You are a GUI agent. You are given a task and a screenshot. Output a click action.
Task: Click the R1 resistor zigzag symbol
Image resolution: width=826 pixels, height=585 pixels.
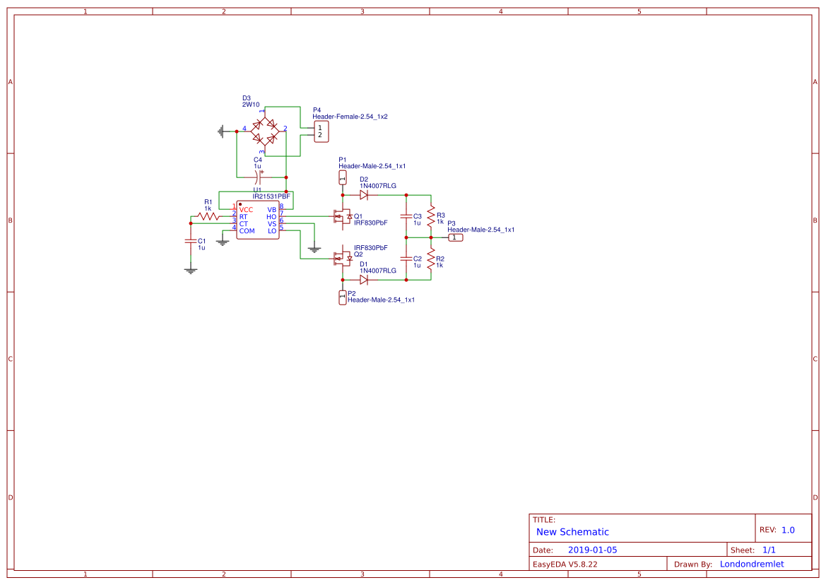point(208,217)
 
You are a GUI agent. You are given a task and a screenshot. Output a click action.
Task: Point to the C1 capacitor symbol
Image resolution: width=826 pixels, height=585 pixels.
point(190,240)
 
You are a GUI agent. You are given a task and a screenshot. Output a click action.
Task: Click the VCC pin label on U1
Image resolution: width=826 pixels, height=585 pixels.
point(246,210)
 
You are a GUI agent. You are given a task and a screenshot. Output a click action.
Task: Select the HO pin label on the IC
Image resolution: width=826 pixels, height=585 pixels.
point(271,217)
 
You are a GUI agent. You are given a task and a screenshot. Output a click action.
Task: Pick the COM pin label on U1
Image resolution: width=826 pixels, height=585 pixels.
point(247,231)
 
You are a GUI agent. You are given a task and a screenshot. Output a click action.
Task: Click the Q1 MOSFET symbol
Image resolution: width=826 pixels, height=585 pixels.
point(343,216)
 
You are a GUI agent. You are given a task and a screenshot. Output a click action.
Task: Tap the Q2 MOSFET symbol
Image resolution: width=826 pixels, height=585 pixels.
point(343,259)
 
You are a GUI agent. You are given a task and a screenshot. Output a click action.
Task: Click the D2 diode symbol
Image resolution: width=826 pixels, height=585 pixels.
point(364,195)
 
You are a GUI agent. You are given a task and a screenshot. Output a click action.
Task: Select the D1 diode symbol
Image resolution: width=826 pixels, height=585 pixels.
point(364,280)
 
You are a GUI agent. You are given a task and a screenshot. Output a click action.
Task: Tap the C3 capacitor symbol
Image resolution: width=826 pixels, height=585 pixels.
point(406,216)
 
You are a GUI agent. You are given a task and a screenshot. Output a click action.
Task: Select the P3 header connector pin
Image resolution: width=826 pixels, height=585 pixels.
point(456,237)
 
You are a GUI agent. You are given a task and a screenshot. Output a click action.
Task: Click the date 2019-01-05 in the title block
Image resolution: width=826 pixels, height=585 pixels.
point(592,550)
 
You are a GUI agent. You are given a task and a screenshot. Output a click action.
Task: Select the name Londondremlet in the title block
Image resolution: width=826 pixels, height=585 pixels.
point(752,564)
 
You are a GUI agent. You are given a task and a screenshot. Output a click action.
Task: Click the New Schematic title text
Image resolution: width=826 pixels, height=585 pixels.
point(572,532)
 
